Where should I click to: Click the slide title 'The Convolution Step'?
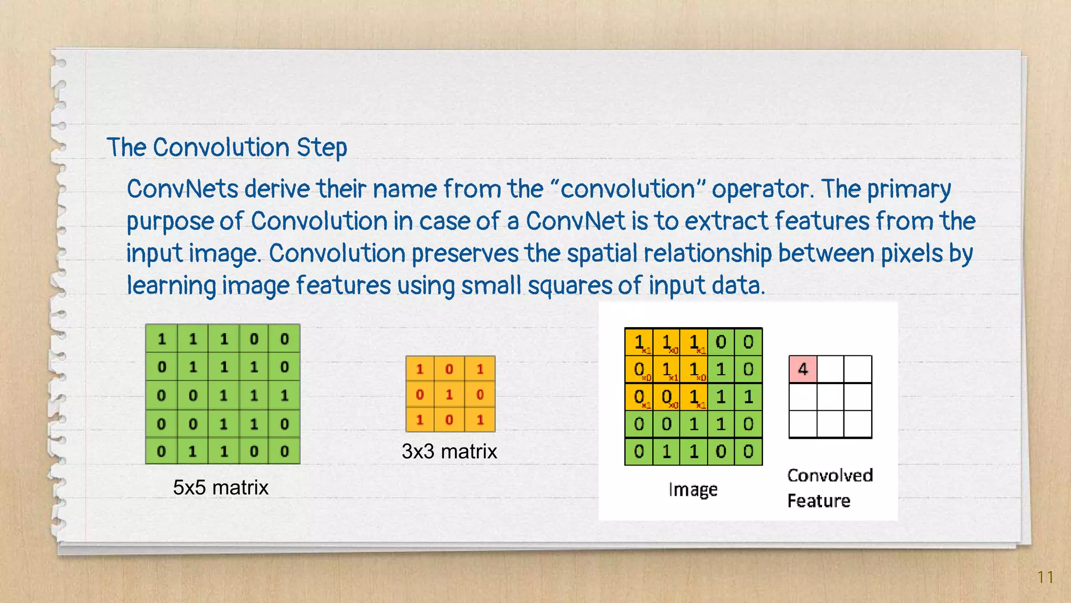coord(226,148)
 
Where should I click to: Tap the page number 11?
coord(1045,577)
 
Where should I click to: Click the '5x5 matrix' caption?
coord(221,488)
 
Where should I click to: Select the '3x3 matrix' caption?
coord(449,452)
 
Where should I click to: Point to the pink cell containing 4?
coord(803,369)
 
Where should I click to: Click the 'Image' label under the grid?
coord(693,490)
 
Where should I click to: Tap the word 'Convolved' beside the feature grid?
coord(830,475)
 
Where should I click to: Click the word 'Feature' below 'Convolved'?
coord(819,501)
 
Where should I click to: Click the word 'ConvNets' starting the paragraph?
coord(183,189)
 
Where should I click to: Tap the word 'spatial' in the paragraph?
coord(602,254)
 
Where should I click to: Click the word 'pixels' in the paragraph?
coord(912,254)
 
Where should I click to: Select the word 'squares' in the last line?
coord(569,286)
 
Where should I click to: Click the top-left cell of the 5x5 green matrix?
coord(162,339)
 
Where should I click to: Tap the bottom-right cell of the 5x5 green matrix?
coord(284,451)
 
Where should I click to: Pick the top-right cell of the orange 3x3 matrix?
coord(480,369)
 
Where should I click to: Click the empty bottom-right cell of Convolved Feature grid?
coord(858,424)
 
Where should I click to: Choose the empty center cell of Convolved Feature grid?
coord(830,397)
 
